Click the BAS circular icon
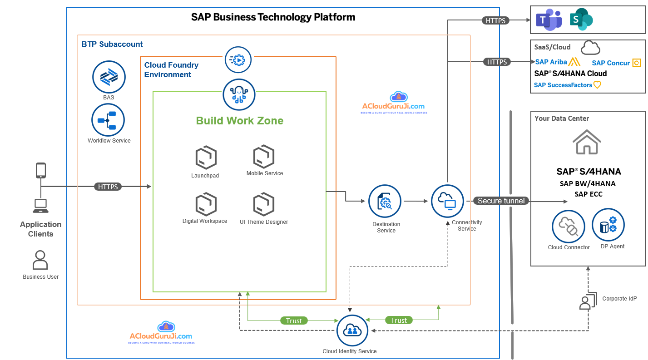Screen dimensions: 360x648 [109, 77]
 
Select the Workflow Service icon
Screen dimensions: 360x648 [108, 120]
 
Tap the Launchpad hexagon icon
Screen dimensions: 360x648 [206, 158]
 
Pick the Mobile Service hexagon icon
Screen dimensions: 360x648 [264, 157]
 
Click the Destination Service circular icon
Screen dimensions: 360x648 [385, 201]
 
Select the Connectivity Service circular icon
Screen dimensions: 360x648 [447, 201]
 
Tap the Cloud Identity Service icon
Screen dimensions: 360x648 [352, 331]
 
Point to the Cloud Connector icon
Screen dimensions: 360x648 [568, 227]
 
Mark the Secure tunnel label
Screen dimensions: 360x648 [501, 201]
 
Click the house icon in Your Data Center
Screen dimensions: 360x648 [587, 142]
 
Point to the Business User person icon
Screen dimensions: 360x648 [40, 260]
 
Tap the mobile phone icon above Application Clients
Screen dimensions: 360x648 [41, 170]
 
